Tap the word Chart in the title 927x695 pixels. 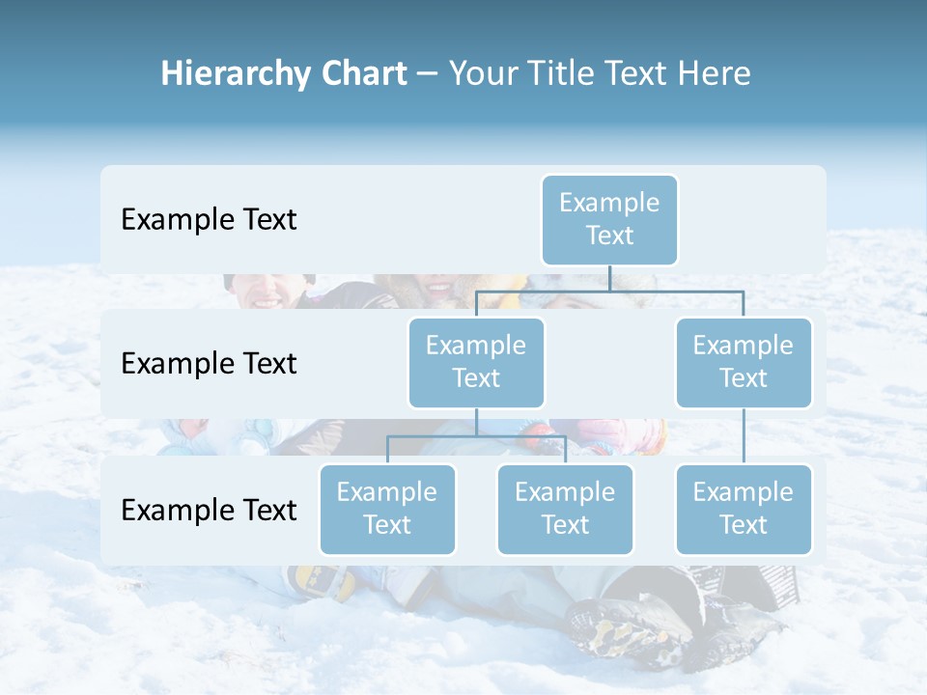click(x=364, y=73)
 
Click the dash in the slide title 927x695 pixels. click(x=428, y=74)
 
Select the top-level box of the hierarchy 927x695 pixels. click(x=609, y=219)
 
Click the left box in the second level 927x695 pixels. click(x=476, y=362)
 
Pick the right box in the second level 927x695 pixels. click(x=744, y=362)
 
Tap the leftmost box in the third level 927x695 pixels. click(x=387, y=509)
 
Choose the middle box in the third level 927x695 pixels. click(x=565, y=509)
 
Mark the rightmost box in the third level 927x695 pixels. click(x=744, y=509)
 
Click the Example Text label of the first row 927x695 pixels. click(x=209, y=220)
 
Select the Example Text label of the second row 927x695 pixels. click(x=209, y=364)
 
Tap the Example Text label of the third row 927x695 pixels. click(x=209, y=510)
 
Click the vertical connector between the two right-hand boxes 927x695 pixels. click(x=744, y=436)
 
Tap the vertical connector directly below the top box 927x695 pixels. click(x=609, y=278)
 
